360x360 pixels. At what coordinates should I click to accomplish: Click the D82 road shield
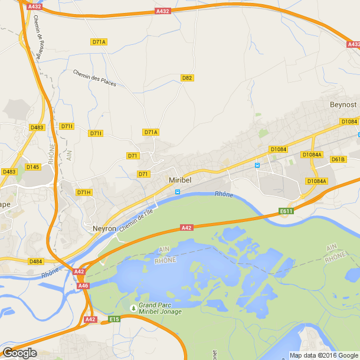click(x=187, y=78)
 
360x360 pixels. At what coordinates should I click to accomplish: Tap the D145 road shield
click(x=33, y=167)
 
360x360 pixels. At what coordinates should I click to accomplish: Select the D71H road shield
click(x=84, y=192)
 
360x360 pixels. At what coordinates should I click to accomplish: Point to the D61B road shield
click(x=338, y=159)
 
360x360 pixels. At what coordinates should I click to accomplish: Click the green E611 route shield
click(x=286, y=211)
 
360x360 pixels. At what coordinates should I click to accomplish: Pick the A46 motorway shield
click(x=83, y=286)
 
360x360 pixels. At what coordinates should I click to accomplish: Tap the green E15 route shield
click(x=114, y=319)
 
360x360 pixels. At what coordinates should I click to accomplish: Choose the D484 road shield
click(x=35, y=261)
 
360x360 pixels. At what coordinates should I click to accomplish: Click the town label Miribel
click(x=181, y=180)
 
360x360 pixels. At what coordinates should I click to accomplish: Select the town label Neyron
click(x=104, y=228)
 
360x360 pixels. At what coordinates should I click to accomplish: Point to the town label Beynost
click(x=343, y=104)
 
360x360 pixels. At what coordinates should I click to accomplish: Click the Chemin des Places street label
click(x=94, y=78)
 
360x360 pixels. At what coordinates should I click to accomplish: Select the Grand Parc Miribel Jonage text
click(x=160, y=309)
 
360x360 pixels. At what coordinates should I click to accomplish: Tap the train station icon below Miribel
click(x=178, y=192)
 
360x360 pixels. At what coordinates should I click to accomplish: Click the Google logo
click(x=19, y=353)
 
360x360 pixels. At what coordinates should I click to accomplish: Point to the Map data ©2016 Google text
click(x=323, y=355)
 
